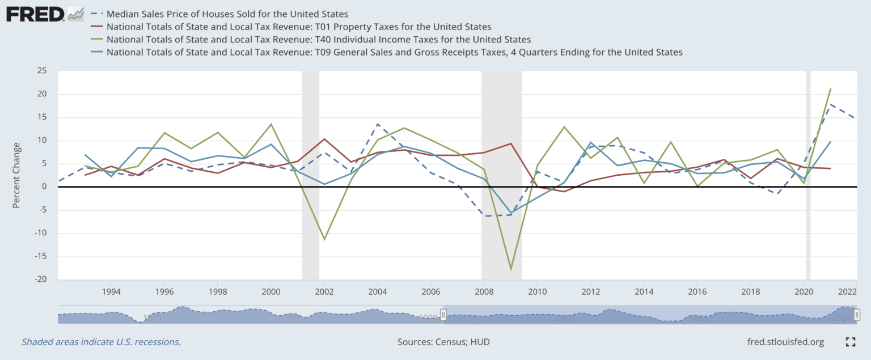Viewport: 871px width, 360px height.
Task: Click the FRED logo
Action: click(35, 14)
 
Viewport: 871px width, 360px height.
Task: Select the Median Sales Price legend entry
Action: click(227, 13)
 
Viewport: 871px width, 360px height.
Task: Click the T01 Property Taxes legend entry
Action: click(298, 27)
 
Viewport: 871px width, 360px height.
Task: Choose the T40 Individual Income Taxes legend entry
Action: click(318, 40)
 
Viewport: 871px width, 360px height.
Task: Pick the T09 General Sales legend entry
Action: click(394, 52)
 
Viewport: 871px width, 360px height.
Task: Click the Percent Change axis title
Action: click(16, 175)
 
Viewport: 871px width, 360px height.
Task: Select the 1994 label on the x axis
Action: click(110, 291)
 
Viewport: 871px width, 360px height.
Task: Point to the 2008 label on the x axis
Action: click(483, 291)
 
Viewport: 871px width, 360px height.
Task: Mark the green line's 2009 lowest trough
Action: click(510, 269)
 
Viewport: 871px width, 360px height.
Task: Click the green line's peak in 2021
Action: click(830, 88)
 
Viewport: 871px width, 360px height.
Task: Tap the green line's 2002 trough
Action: click(324, 239)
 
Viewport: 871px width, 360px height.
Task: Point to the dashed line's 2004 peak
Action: click(377, 124)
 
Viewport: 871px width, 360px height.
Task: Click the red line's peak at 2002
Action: click(324, 139)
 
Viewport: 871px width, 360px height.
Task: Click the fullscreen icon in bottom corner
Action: click(850, 342)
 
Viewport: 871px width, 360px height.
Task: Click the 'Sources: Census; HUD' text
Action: click(443, 342)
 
